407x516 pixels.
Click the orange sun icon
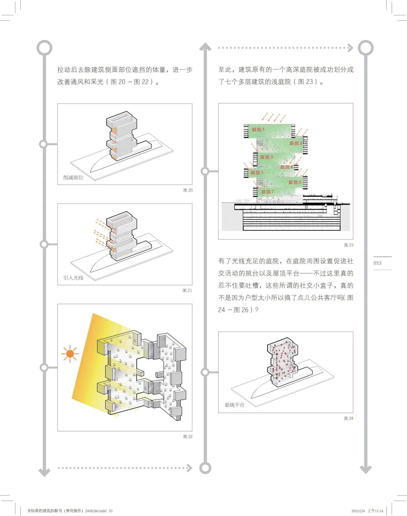point(70,354)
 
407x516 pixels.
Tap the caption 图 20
point(188,190)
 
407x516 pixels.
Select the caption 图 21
point(187,291)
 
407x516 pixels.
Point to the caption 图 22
point(188,437)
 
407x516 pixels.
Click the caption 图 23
point(349,245)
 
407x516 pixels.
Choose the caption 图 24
point(349,418)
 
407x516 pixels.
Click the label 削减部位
point(73,177)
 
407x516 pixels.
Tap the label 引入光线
point(73,278)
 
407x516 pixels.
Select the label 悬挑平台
point(234,405)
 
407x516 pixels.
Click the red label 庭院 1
point(258,129)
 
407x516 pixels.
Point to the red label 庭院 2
point(296,143)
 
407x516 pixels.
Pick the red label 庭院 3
point(266,157)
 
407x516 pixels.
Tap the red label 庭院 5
point(257,173)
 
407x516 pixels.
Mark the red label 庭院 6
point(295,182)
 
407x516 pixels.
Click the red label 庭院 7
point(268,192)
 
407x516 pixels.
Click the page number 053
point(377,263)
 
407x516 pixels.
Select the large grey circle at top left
point(44,48)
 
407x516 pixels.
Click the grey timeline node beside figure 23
point(205,172)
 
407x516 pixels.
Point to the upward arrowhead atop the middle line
point(205,47)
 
